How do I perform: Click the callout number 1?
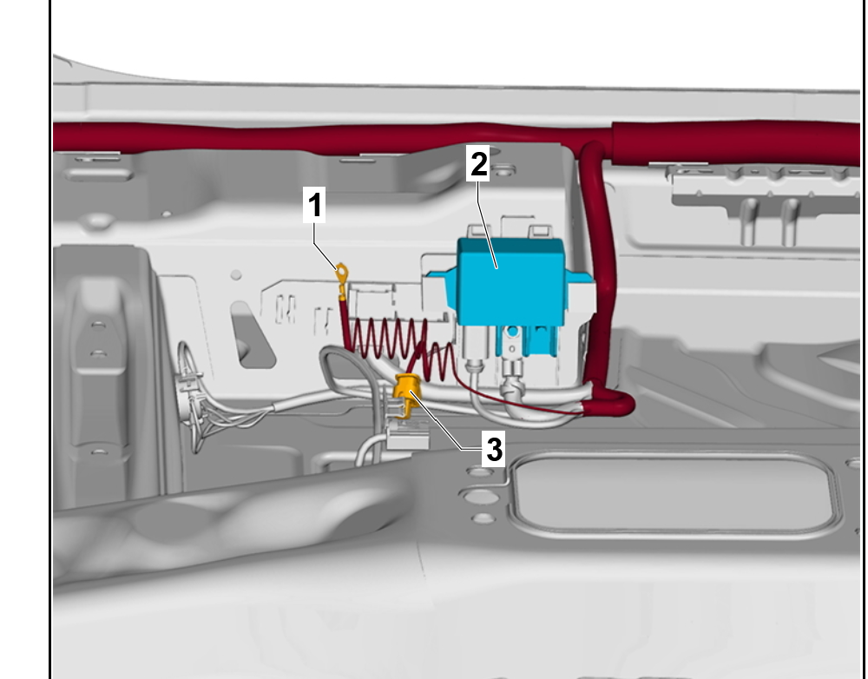click(x=314, y=205)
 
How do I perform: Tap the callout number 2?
click(x=479, y=163)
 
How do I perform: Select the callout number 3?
click(x=494, y=449)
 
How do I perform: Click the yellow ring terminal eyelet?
click(x=342, y=273)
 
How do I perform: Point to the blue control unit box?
click(x=510, y=281)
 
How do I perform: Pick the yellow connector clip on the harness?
click(x=407, y=393)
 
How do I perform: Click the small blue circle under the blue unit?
click(x=513, y=332)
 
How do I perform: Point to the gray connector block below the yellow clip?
click(x=408, y=435)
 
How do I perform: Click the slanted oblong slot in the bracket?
click(x=252, y=335)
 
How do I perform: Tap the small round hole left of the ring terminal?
click(x=236, y=274)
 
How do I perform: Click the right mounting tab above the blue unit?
click(x=540, y=231)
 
